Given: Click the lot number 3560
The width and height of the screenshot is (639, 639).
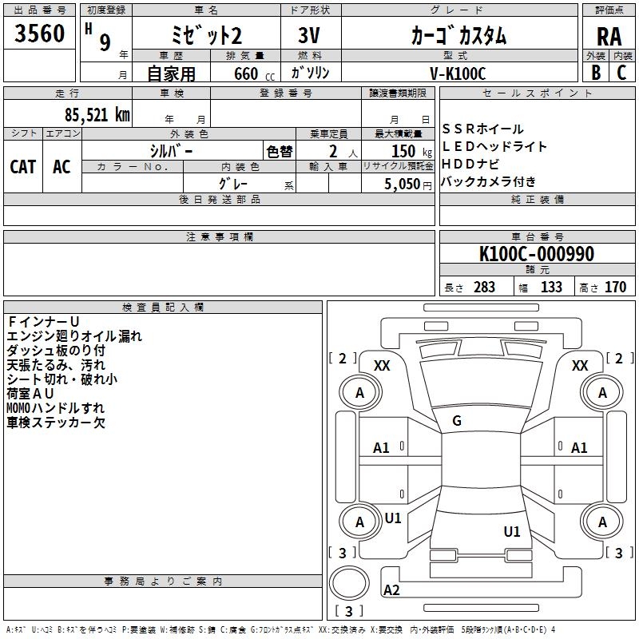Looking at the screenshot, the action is coord(39,33).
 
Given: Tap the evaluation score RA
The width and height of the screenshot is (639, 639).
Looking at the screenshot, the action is coord(609,37).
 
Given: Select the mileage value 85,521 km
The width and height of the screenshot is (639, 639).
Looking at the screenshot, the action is coord(97,114).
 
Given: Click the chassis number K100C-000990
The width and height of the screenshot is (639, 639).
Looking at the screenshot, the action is coord(537,253).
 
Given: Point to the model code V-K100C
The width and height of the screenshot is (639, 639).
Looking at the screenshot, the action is coord(458,73).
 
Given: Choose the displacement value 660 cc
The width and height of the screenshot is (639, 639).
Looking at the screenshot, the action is coord(254,73).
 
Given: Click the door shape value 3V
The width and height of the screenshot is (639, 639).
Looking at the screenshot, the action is coord(309,35).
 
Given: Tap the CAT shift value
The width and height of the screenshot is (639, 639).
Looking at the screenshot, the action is coord(23,167).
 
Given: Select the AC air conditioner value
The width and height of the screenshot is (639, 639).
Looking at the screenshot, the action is coord(62,167).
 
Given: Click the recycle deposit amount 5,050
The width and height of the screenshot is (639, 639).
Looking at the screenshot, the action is coord(403,184).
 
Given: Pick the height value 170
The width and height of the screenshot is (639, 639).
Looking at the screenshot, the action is coord(615,287).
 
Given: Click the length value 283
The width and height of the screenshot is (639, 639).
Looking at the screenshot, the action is coord(484,287).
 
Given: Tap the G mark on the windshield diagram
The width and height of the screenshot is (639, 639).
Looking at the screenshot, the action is coord(457,421).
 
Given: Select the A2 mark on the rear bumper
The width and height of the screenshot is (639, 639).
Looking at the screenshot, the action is coord(391,589).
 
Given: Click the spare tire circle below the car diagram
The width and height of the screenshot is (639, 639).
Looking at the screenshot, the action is coord(349,582).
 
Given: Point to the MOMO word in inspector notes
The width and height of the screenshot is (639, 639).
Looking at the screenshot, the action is coord(18,408).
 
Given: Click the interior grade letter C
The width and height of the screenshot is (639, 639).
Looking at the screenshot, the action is coord(621,72).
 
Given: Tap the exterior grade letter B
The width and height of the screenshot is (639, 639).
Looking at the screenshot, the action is coord(596,72).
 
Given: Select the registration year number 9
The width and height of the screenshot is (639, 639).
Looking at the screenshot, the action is coord(105,42).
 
